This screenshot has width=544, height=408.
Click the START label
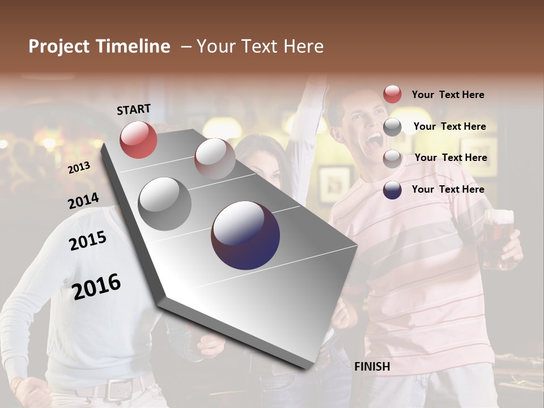tap(134, 109)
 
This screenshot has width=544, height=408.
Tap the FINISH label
tap(372, 367)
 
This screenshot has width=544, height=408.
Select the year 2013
tap(79, 167)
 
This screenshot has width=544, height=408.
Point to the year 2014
tap(83, 201)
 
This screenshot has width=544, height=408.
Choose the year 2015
tap(88, 241)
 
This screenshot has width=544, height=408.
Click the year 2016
tap(97, 286)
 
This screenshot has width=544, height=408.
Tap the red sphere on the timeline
tap(138, 139)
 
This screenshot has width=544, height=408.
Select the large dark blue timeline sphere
tap(245, 235)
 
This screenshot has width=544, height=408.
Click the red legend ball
tap(392, 94)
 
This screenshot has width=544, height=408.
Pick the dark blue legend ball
tap(392, 190)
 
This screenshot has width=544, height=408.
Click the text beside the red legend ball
tap(448, 95)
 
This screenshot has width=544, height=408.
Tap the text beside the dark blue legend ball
tap(448, 189)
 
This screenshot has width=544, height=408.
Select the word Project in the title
tap(59, 46)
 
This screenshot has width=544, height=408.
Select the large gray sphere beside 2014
tap(165, 203)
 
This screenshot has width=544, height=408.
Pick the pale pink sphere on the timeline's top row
tap(215, 158)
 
